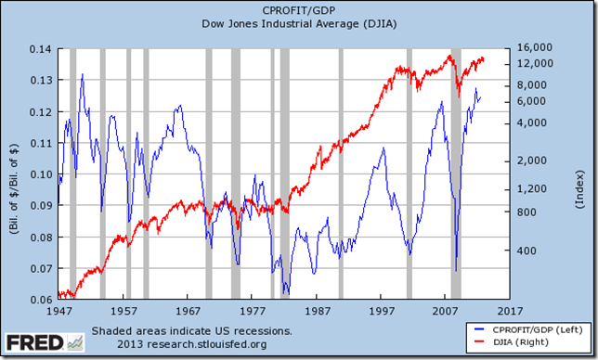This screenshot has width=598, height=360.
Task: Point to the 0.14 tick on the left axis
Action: click(40, 48)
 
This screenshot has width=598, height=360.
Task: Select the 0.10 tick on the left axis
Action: click(40, 174)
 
